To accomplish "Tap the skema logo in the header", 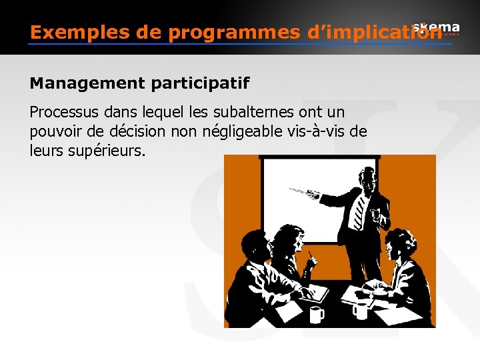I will [x=436, y=27].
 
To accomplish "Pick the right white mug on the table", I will [x=360, y=310].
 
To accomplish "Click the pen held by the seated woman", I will [x=310, y=255].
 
